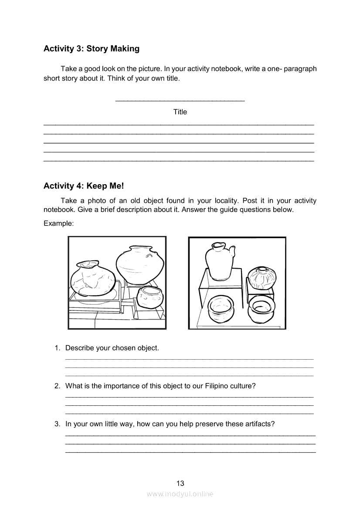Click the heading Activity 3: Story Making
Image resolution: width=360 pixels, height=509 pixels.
tap(92, 49)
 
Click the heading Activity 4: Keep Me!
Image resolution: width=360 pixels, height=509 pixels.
tap(84, 186)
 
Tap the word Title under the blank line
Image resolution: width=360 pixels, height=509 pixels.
tap(180, 112)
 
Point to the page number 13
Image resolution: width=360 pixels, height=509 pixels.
tap(180, 483)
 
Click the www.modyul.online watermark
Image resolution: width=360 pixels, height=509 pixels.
tap(180, 494)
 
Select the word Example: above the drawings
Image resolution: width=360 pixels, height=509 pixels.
tap(58, 223)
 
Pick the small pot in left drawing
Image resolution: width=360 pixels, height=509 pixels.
tap(150, 298)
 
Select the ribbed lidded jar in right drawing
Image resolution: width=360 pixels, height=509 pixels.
tap(262, 277)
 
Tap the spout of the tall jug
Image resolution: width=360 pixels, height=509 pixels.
tap(234, 251)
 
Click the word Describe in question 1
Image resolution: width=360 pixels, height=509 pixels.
tap(79, 348)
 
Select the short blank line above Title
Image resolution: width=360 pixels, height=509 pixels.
tap(180, 101)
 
